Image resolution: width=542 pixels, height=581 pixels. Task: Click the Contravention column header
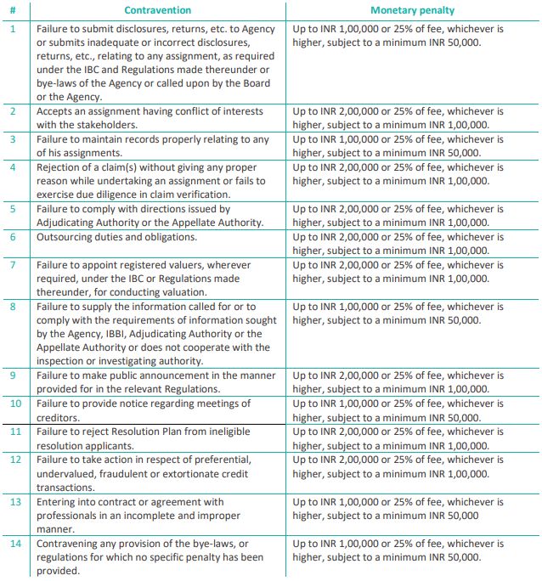coord(157,10)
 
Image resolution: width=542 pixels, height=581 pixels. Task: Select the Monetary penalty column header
coord(413,10)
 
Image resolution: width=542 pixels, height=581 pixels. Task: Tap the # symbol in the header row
coord(13,10)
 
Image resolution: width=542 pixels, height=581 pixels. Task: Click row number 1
coord(13,28)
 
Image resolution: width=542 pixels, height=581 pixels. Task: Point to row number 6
coord(13,237)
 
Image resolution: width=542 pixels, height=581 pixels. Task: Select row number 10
coord(14,403)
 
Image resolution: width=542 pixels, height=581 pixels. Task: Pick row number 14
coord(14,543)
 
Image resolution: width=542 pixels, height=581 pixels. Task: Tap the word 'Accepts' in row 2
coord(56,111)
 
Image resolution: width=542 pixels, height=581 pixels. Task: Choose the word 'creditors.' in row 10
coord(58,418)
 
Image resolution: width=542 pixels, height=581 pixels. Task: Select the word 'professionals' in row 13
coord(71,516)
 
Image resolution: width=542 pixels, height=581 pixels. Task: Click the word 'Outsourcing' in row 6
coord(66,237)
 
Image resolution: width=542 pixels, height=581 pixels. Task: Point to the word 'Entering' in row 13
coord(58,502)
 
